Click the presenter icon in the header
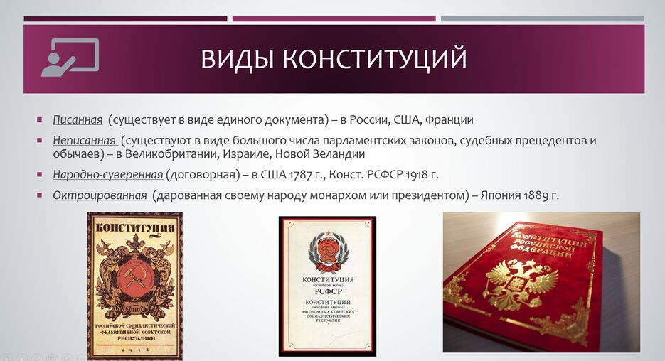69,58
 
